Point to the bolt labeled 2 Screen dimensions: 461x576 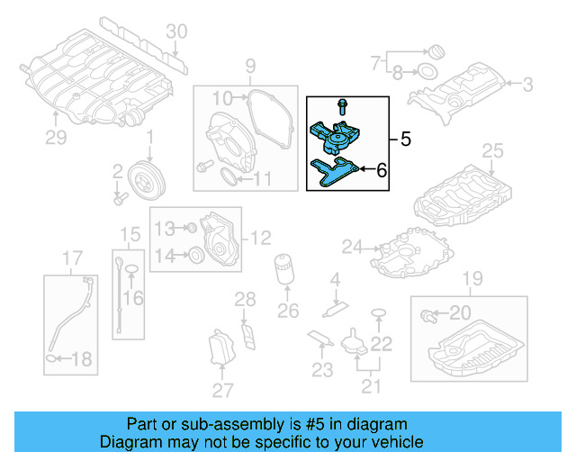pos(118,192)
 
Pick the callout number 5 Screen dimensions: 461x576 pos(405,140)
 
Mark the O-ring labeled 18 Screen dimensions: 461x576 pos(53,360)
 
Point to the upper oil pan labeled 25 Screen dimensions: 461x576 pos(468,191)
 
